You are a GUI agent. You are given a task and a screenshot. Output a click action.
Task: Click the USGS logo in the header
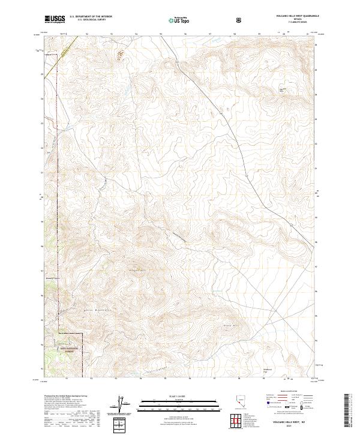pos(55,19)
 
